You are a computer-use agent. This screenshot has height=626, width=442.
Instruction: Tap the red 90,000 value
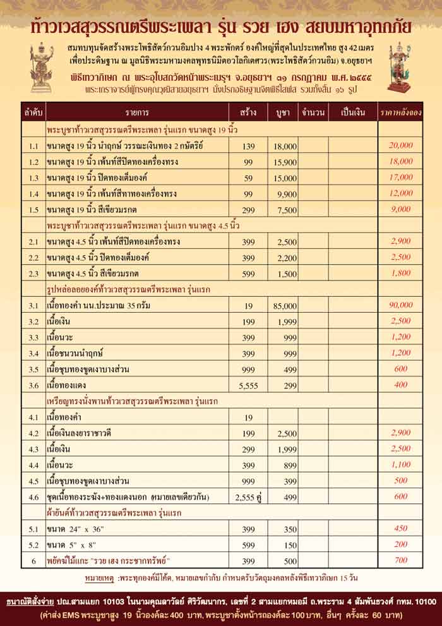pos(400,304)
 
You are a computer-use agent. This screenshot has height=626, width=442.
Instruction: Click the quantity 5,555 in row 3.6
pos(248,384)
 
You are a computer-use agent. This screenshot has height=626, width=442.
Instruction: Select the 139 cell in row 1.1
pos(248,145)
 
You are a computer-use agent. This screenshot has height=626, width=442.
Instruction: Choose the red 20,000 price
pos(400,145)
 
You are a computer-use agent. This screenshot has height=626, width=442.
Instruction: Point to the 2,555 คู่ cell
pos(248,497)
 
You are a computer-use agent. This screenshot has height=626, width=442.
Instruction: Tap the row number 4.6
pos(33,497)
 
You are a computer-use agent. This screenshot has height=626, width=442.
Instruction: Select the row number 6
pos(33,560)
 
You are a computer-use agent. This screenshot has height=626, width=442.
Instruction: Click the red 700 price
pos(400,560)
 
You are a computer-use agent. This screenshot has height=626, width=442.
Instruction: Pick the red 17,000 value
pos(400,178)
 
